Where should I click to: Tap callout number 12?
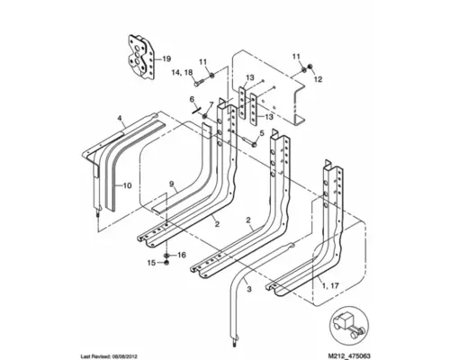(317, 79)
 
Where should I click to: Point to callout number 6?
(192, 98)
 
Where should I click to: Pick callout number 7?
(212, 105)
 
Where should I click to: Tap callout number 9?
(170, 184)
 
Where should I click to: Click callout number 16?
(181, 255)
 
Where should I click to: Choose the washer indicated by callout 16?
(168, 256)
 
